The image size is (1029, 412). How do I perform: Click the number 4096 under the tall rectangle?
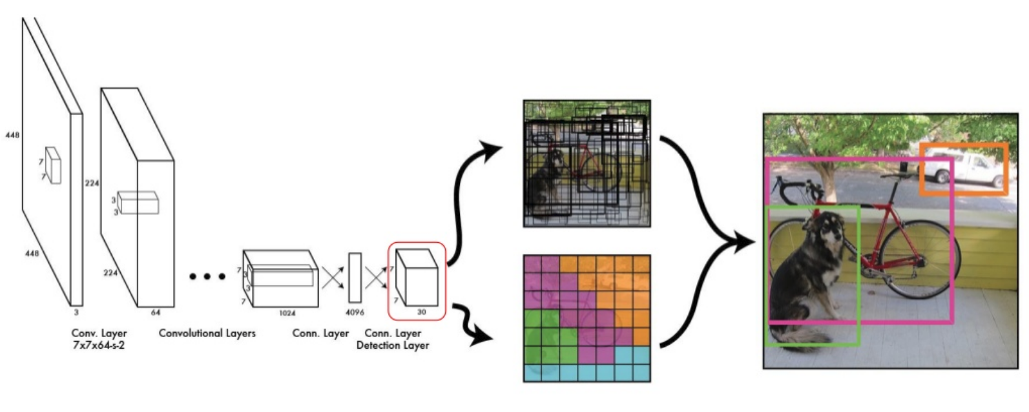pyautogui.click(x=355, y=313)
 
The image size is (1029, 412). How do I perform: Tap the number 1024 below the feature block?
pyautogui.click(x=287, y=313)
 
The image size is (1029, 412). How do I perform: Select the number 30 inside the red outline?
pyautogui.click(x=421, y=312)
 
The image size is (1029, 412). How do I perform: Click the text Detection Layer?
pyautogui.click(x=392, y=345)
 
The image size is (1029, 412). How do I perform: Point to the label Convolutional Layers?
pyautogui.click(x=207, y=333)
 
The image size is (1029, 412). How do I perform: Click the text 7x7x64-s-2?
pyautogui.click(x=99, y=345)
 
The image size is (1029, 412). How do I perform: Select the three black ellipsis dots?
pyautogui.click(x=207, y=276)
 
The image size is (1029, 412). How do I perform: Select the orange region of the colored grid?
pyautogui.click(x=620, y=284)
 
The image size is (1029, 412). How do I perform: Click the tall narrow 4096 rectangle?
pyautogui.click(x=355, y=278)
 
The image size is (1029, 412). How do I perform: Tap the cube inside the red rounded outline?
pyautogui.click(x=417, y=278)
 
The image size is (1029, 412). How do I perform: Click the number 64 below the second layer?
pyautogui.click(x=156, y=313)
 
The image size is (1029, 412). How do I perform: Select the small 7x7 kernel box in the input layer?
pyautogui.click(x=53, y=165)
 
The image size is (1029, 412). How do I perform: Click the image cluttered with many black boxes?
pyautogui.click(x=587, y=163)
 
